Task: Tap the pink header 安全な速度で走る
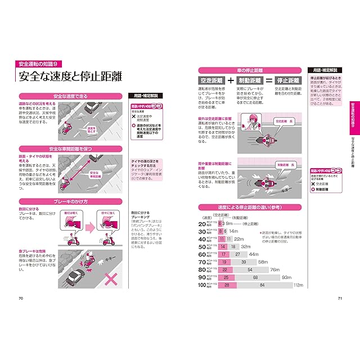point(72,96)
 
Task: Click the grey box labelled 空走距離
point(212,80)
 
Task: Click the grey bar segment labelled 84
point(262,286)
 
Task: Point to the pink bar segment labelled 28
point(226,286)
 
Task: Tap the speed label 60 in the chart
point(201,254)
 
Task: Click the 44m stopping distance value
point(253,254)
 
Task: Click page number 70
point(21,298)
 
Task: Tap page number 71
point(339,298)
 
